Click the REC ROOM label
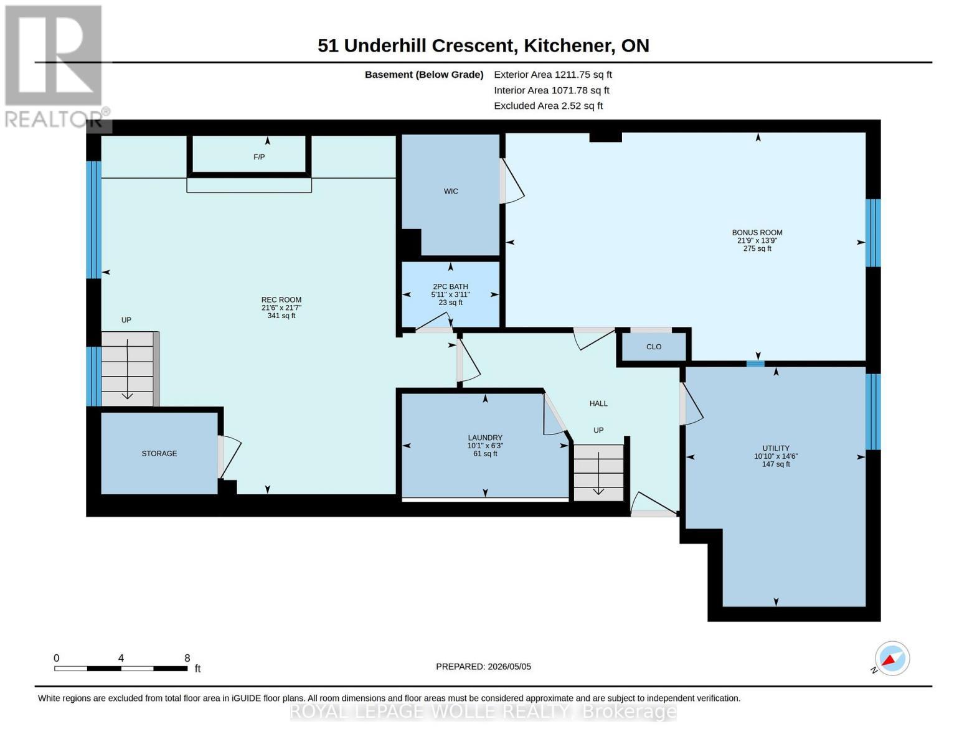tap(281, 300)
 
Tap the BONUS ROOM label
tap(757, 233)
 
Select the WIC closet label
tap(451, 191)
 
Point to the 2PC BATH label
tap(450, 286)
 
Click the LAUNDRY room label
tap(485, 438)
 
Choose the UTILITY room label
tap(776, 448)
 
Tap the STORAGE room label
tap(159, 453)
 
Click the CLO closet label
tap(654, 347)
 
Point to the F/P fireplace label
tap(259, 157)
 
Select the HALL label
tap(598, 403)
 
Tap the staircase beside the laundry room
tap(598, 473)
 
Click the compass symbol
tap(892, 659)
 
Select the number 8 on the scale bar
tap(187, 658)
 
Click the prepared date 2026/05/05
tap(509, 667)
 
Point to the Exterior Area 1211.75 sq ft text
tap(553, 75)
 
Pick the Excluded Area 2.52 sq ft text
tap(548, 106)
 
